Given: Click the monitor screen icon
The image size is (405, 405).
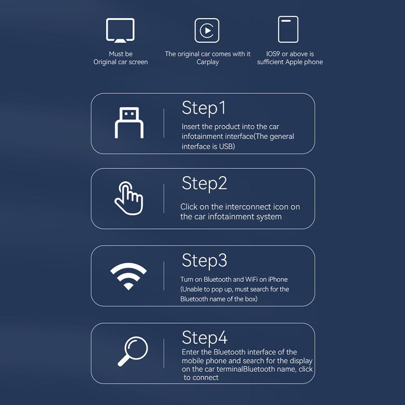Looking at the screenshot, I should click(120, 30).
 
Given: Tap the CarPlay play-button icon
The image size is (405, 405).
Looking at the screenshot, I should click(207, 30).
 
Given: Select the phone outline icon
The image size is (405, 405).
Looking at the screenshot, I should click(288, 30).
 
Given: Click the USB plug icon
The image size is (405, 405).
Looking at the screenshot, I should click(129, 123).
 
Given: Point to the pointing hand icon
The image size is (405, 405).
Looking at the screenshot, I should click(128, 198).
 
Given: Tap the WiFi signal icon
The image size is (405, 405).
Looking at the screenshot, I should click(128, 276).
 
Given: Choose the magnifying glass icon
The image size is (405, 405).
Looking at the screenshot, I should click(133, 351).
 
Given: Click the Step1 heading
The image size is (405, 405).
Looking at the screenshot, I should click(204, 108).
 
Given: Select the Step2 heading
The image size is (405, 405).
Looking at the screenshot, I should click(204, 183).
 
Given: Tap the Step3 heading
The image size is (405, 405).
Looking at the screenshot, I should click(204, 260).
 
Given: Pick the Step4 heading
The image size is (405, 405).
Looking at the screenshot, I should click(204, 337).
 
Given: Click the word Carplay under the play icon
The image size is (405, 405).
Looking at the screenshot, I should click(208, 62).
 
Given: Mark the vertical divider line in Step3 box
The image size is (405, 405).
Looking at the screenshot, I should click(164, 275).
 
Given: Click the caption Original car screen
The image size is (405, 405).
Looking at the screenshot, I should click(121, 62).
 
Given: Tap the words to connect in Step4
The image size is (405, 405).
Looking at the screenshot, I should click(201, 377).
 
